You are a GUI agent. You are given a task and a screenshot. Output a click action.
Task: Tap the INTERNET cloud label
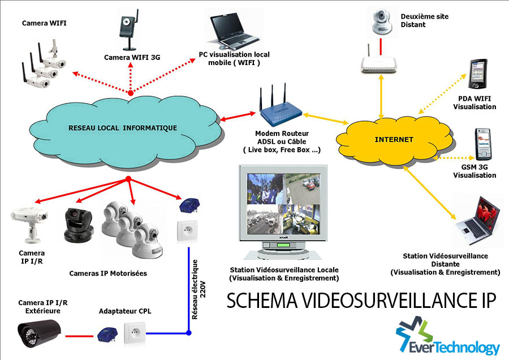(394, 139)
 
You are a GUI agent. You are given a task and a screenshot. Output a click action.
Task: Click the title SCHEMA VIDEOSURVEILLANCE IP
(361, 302)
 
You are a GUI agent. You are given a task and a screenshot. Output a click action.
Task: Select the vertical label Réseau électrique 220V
(197, 277)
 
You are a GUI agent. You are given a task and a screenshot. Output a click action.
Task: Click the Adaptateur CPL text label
(125, 311)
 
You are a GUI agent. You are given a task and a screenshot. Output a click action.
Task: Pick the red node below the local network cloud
(128, 179)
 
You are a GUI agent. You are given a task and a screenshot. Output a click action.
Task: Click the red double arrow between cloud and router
(232, 118)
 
